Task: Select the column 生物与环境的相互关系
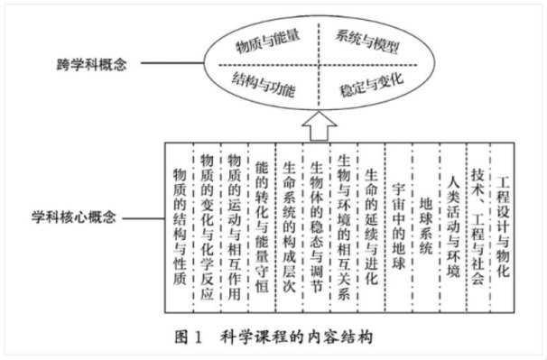[x=343, y=221]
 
